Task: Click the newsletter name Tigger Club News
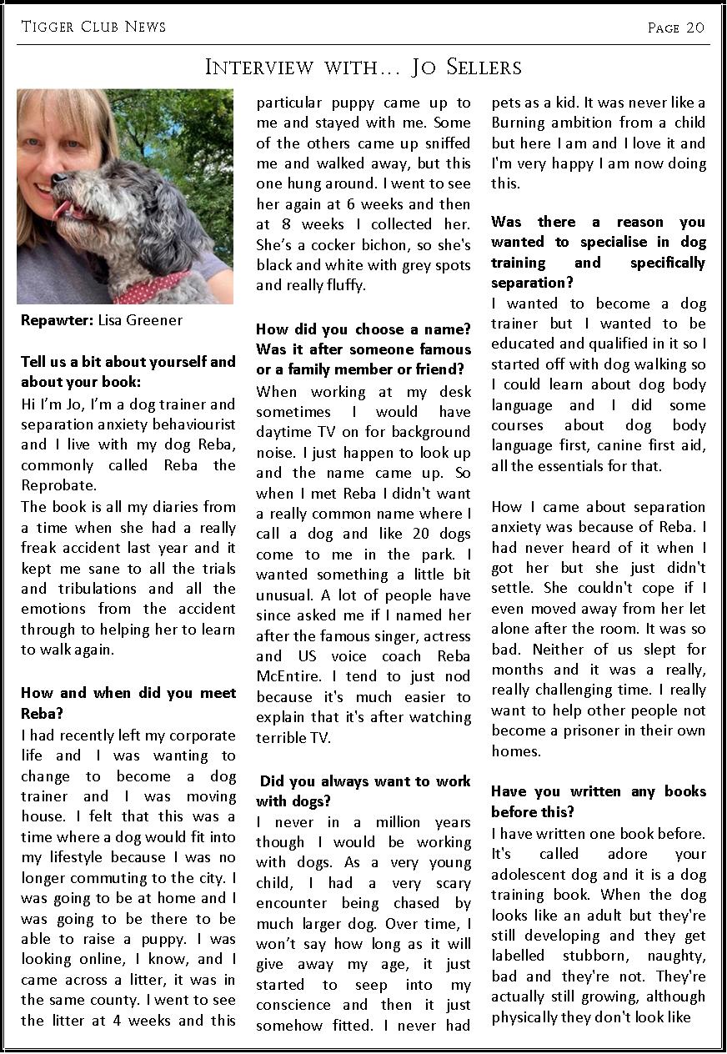point(93,27)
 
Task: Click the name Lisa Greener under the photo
point(140,320)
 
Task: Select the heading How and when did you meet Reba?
point(128,703)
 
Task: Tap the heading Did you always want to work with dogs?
point(363,791)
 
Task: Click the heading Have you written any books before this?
point(598,801)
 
